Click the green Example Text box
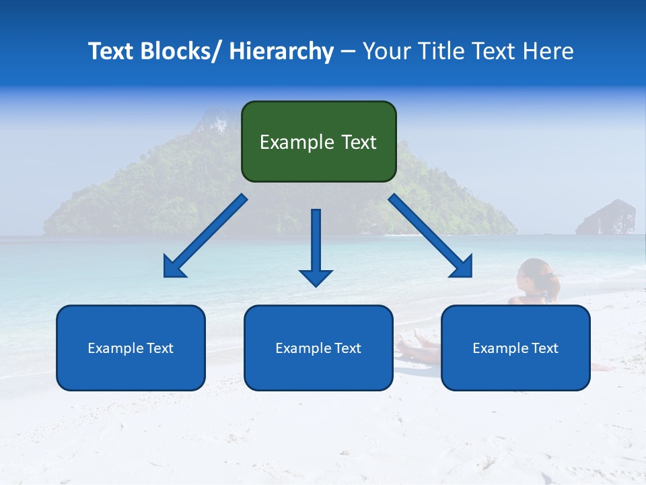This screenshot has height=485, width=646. point(318,141)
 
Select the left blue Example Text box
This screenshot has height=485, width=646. point(131,348)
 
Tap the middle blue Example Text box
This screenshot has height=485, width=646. point(318,348)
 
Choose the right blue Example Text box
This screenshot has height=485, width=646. point(515,348)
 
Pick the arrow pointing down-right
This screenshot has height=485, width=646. point(431,236)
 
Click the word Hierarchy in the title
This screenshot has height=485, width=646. point(281,51)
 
